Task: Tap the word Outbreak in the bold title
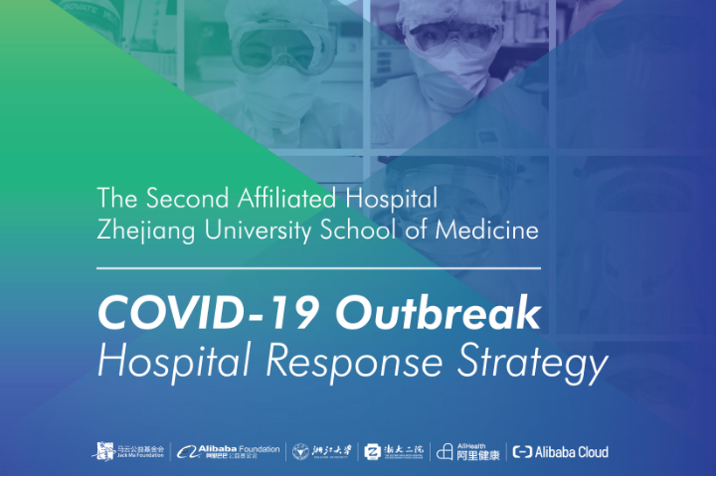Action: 438,314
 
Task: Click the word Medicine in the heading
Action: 488,231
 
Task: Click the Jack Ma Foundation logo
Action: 129,451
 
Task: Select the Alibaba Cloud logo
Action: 560,451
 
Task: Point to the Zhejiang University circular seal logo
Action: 300,451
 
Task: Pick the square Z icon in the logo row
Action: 373,451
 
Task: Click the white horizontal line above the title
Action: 318,267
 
